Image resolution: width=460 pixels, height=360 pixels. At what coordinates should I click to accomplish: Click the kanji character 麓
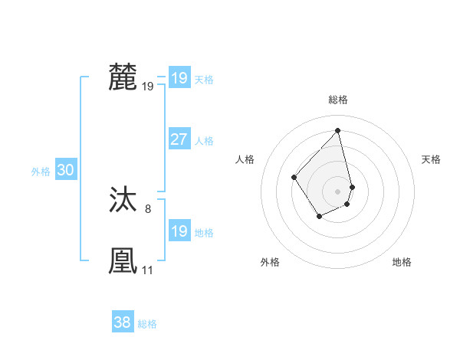[123, 78]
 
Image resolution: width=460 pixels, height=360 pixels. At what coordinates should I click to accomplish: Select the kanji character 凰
[123, 260]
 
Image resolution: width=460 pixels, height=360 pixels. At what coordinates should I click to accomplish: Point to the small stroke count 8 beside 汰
[148, 208]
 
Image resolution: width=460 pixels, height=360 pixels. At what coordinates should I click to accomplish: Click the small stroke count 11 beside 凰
[147, 270]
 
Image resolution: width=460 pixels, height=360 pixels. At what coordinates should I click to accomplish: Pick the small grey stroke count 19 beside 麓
[147, 87]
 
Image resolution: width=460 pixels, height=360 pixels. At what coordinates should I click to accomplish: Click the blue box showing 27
[179, 139]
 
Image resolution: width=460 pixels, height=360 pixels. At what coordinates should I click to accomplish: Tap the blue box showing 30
[65, 171]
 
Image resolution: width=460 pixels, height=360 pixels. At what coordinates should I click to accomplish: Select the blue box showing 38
[122, 322]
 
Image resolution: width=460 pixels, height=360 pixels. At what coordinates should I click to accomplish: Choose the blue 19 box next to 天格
[179, 78]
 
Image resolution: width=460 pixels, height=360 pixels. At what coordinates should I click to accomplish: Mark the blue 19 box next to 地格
[179, 231]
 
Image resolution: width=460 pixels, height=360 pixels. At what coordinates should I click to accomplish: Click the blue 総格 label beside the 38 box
[147, 324]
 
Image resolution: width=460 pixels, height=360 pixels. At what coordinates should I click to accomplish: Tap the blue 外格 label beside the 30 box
[41, 172]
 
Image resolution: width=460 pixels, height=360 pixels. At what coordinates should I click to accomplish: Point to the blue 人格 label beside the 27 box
[204, 141]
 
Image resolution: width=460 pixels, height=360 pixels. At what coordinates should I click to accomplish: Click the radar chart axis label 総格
[338, 100]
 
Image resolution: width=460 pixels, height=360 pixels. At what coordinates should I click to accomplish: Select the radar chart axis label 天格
[431, 159]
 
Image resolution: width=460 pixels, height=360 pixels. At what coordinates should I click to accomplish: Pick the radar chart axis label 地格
[402, 262]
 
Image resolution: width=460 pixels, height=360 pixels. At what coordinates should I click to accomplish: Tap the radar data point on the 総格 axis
[338, 130]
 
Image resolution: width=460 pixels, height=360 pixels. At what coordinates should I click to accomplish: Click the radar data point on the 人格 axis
[294, 177]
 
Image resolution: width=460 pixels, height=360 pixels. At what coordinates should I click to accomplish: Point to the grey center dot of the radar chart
[338, 191]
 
